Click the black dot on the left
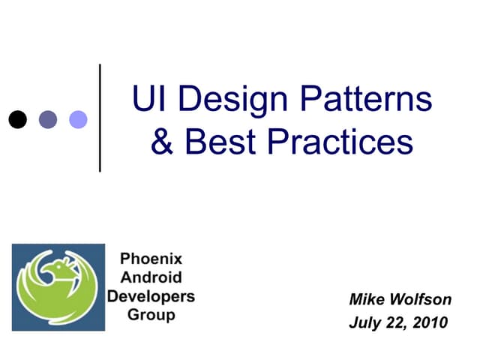coord(18,118)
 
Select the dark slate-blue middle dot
coord(48,118)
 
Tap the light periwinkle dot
coord(78,118)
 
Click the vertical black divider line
coord(100,118)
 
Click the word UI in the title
coord(146,100)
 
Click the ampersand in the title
coord(162,142)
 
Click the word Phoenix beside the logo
coord(151,260)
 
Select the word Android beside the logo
coord(151,278)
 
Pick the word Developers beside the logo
coord(151,296)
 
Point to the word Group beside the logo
coord(151,314)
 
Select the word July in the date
coord(365,323)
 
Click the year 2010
coord(430,323)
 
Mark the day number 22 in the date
coord(395,323)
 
